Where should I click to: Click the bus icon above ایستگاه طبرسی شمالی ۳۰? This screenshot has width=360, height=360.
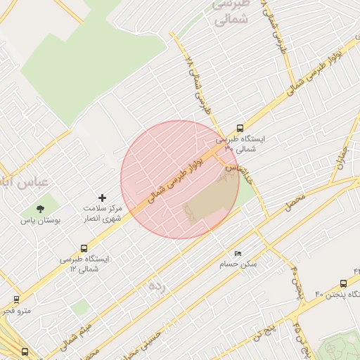click(240, 129)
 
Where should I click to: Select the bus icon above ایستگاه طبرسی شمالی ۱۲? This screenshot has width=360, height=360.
click(84, 248)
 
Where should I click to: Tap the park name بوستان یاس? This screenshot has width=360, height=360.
click(41, 220)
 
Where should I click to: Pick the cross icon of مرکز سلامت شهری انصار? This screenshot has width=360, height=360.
click(103, 198)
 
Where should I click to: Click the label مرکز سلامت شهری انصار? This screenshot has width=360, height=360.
click(103, 214)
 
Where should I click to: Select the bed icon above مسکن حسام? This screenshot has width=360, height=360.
click(238, 254)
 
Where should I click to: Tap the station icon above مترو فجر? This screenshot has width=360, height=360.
click(16, 300)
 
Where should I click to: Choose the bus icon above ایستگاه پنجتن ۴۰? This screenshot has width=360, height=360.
click(343, 283)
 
